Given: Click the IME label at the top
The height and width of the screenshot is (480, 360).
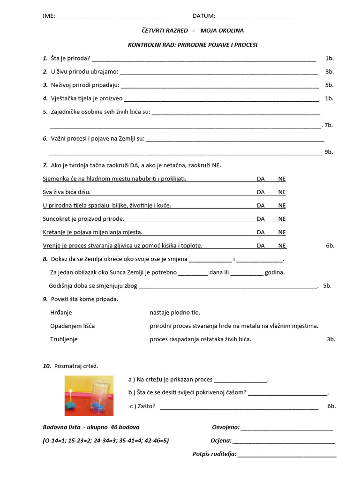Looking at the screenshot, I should tap(48, 16).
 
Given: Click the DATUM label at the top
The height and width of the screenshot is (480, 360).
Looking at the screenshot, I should tap(204, 16).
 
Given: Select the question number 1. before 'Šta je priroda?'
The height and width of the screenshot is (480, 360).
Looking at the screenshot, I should tap(45, 59).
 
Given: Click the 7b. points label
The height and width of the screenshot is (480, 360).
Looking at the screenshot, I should tap(328, 125).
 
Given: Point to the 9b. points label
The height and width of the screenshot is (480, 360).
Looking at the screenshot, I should tap(329, 152).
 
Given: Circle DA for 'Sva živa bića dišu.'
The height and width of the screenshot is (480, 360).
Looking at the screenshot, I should tap(261, 192).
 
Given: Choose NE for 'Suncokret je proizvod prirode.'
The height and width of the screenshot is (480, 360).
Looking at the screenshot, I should tap(282, 219).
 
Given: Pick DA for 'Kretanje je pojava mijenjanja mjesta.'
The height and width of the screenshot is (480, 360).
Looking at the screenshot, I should tap(261, 232).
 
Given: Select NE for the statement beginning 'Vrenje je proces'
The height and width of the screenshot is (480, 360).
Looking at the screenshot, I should tap(282, 246).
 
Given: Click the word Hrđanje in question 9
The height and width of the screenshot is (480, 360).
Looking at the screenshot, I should tap(61, 313).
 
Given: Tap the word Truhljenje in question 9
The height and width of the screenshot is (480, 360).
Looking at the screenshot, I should tap(64, 339).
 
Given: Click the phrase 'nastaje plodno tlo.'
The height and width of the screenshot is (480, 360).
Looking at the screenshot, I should tap(175, 313).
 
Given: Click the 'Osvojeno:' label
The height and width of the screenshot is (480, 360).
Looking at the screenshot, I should tap(226, 427).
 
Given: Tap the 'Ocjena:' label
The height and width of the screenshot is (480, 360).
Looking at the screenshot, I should tap(221, 441).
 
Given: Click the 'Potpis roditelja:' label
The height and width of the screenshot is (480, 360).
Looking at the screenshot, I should tap(214, 454).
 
